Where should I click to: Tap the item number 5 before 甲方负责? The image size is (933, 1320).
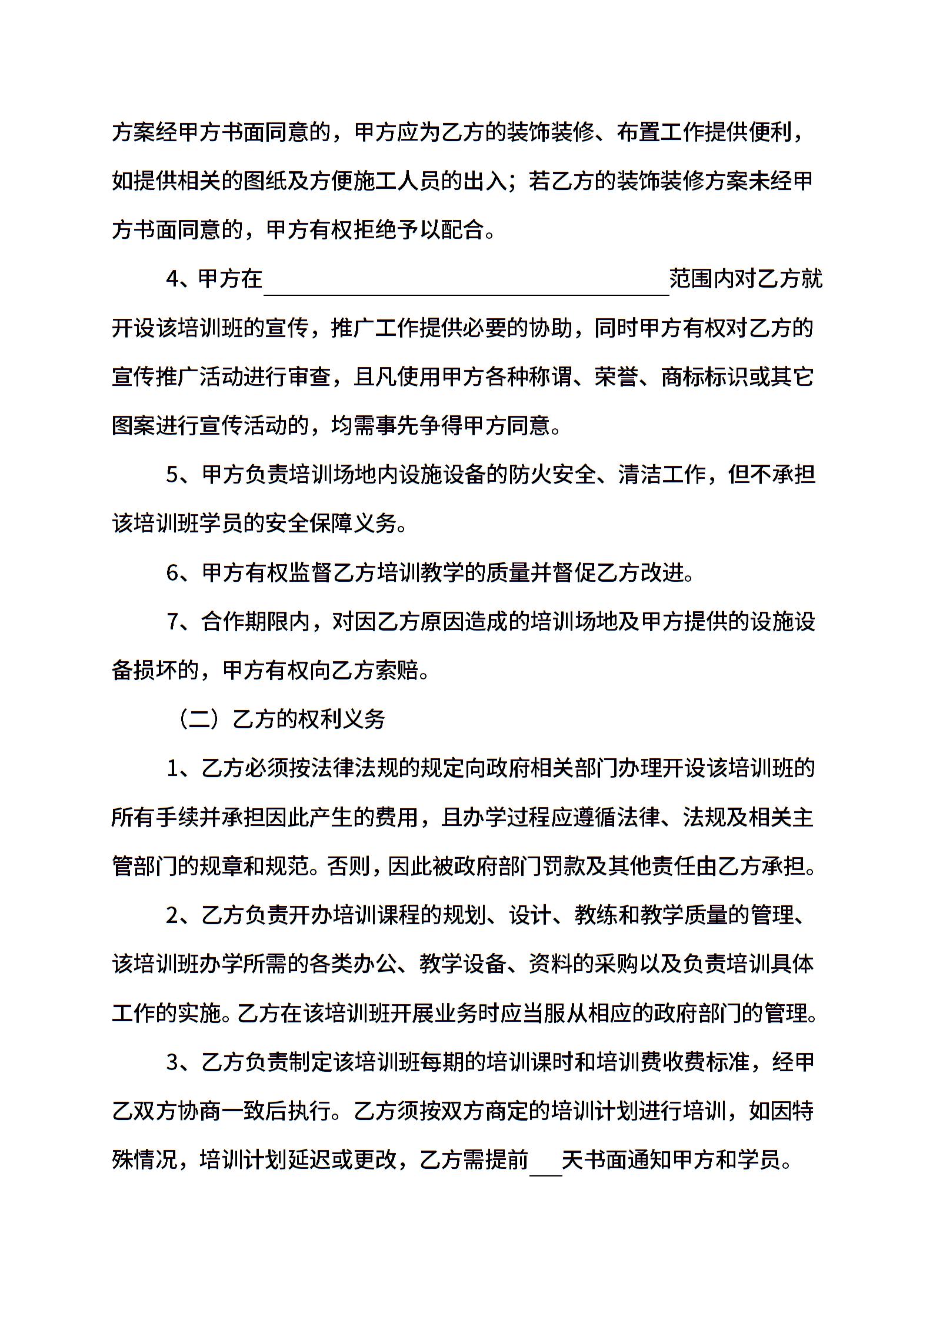(x=172, y=475)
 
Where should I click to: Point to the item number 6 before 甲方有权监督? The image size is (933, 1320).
(x=172, y=572)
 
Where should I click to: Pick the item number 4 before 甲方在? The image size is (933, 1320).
(x=172, y=279)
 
